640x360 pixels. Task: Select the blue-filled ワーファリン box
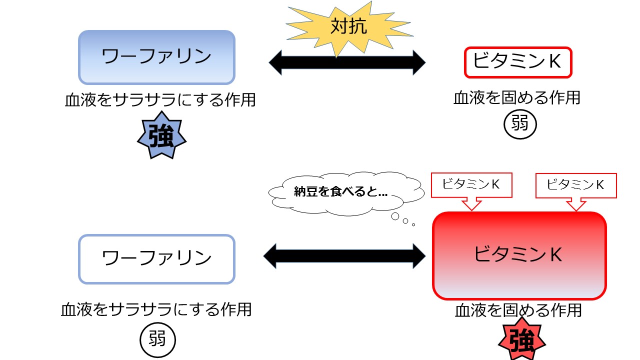coord(156,57)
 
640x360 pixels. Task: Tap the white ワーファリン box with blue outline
coord(156,259)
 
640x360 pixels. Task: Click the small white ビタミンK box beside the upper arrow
coord(517,62)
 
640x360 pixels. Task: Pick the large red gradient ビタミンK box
coord(519,255)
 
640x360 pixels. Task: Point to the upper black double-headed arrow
coord(347,63)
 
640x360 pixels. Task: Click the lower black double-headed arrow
coord(344,256)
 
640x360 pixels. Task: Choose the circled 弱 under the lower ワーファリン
coord(158,340)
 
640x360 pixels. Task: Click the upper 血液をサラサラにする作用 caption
coord(160,100)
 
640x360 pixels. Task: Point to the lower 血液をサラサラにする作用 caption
coord(156,310)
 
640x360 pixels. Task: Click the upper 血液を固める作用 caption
coord(516,97)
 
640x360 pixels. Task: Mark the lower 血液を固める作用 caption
coord(518,310)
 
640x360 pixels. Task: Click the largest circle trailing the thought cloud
coord(395,216)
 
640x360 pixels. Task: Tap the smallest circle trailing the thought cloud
coord(413,224)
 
